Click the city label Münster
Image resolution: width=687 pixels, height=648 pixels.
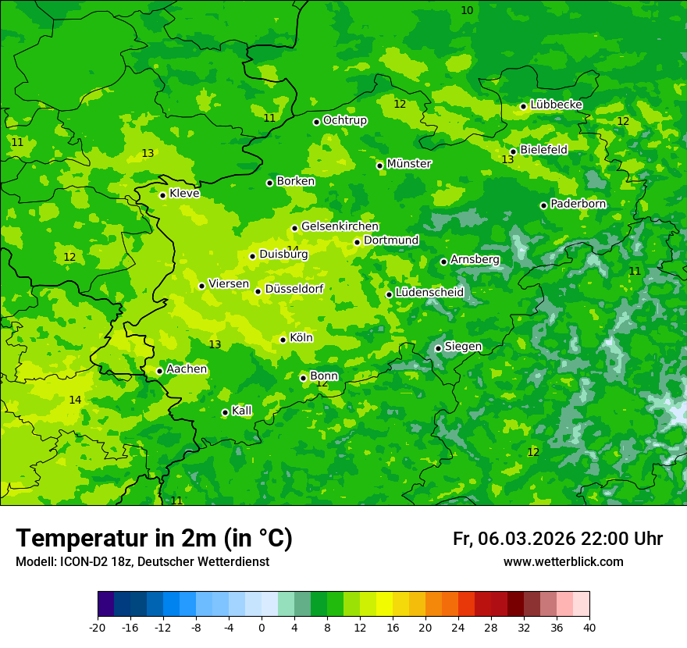409,164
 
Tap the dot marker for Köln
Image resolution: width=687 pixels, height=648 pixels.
283,340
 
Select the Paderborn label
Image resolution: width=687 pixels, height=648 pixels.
578,204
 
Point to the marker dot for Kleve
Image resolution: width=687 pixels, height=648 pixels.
162,195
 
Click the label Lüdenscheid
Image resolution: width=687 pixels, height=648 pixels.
429,293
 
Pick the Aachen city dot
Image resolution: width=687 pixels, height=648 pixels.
159,371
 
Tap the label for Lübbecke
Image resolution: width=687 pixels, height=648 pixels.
556,105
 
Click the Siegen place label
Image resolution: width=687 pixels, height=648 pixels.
463,347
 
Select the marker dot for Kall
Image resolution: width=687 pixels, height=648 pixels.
225,412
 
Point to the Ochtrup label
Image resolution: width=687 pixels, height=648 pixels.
344,120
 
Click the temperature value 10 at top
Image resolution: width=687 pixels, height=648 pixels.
467,10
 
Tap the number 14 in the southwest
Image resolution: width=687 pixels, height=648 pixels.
75,400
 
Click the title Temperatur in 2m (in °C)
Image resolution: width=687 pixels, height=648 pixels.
154,538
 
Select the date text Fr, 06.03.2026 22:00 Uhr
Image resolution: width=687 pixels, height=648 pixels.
557,539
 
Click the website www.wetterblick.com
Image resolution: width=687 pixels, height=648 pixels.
563,562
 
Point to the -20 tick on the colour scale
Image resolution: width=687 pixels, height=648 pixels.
98,627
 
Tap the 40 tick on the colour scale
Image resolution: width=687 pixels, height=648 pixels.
589,627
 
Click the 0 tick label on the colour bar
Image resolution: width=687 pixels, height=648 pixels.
262,627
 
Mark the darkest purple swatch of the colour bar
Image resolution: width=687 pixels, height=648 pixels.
105,604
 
